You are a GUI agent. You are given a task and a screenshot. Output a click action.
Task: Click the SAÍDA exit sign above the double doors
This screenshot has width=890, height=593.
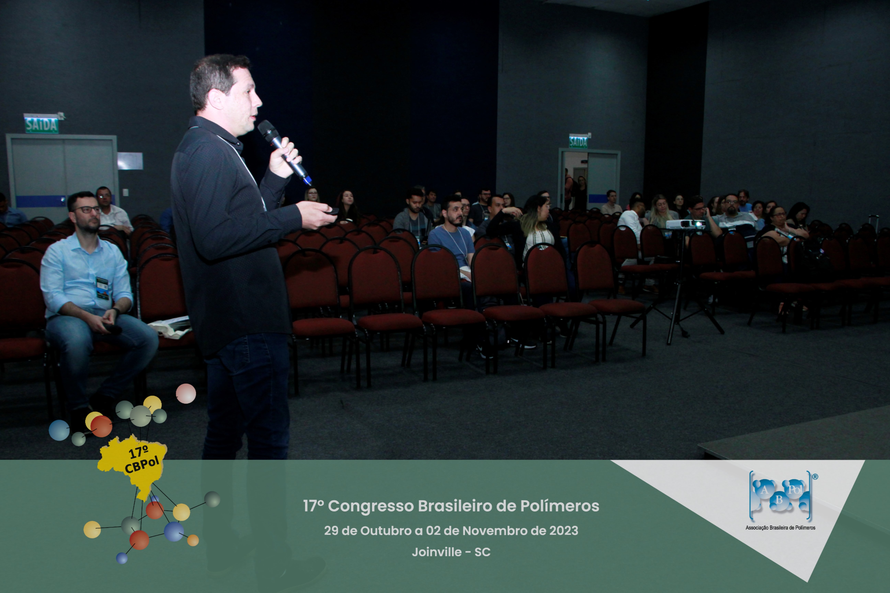point(42,125)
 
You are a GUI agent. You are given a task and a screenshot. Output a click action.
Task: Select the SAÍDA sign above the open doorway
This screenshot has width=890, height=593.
point(578,142)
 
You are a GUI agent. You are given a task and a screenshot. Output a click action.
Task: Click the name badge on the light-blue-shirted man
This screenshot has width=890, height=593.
point(102,288)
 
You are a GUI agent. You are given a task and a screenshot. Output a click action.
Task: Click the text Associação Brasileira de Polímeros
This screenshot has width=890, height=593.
point(780,528)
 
